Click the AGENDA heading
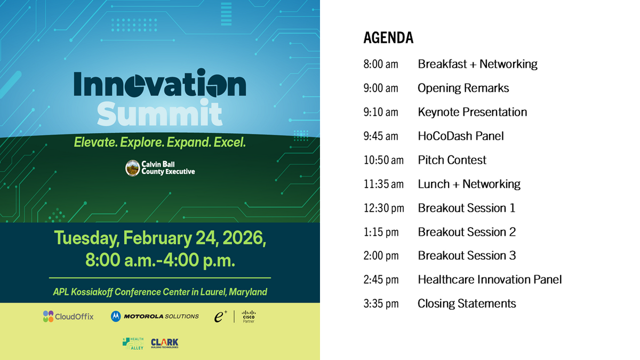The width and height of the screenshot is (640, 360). (388, 38)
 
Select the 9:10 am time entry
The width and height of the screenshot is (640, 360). (381, 112)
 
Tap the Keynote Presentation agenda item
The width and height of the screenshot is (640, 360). (472, 112)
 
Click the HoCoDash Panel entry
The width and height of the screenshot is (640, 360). (460, 136)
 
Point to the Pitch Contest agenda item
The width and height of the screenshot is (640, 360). (452, 160)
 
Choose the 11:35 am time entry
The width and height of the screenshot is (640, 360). (383, 184)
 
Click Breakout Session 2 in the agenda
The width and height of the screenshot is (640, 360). (467, 232)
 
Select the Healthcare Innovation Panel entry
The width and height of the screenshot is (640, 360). (490, 279)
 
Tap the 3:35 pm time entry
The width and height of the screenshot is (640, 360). (381, 303)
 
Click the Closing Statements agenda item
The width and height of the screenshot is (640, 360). (467, 303)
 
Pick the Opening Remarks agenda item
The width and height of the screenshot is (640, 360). (463, 88)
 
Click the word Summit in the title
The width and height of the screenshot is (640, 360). (159, 114)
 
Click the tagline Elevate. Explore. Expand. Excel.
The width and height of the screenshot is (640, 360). (159, 143)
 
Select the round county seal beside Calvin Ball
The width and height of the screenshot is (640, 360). (132, 168)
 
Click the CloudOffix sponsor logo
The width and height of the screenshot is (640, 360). (68, 316)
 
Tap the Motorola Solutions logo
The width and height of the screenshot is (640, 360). (155, 316)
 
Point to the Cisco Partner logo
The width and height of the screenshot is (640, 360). (249, 316)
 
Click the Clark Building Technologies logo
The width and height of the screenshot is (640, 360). (164, 343)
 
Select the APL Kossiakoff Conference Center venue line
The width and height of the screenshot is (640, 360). (160, 292)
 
